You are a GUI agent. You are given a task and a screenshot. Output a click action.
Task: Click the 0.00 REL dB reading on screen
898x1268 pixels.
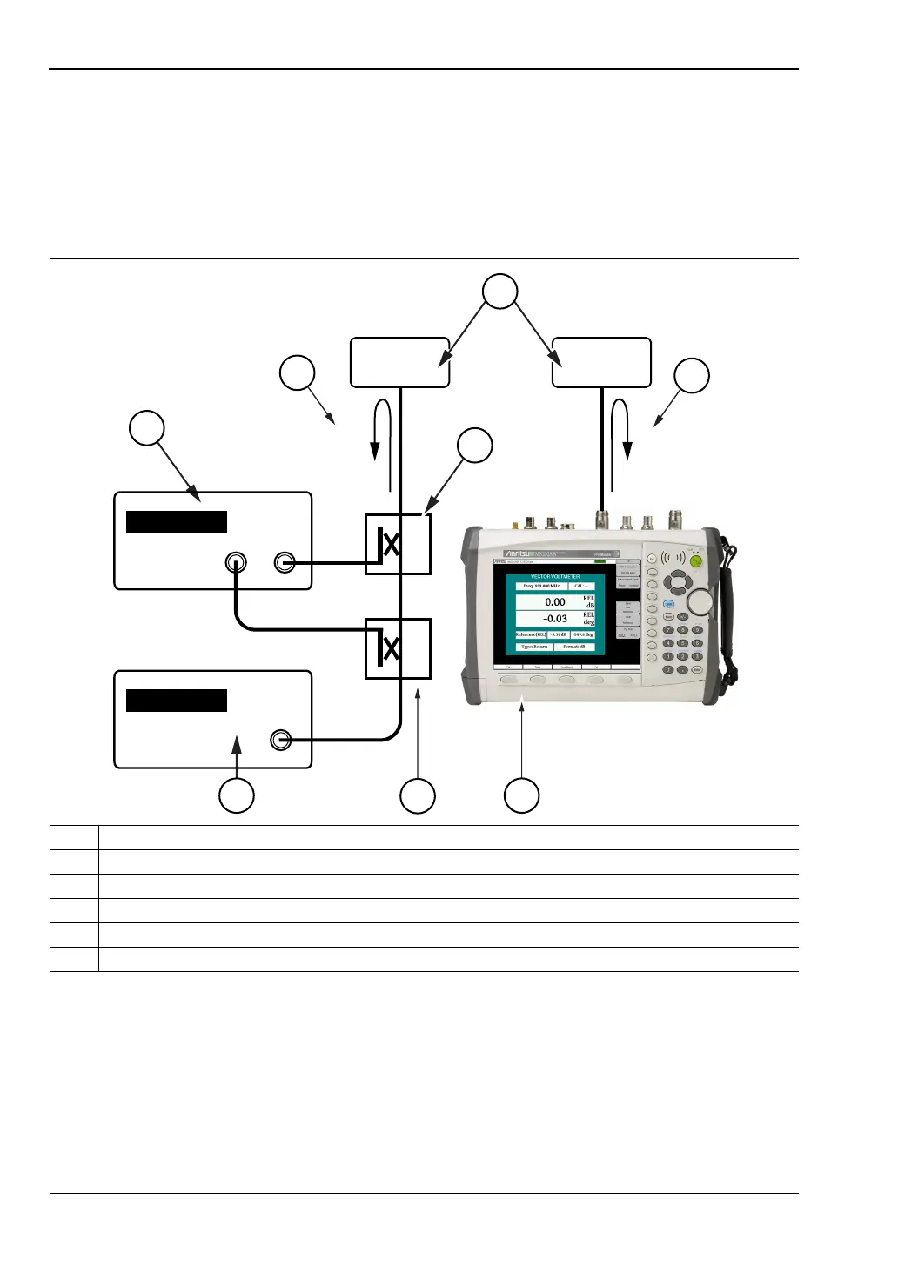[555, 602]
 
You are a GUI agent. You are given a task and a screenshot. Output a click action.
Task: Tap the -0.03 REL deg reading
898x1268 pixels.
[555, 619]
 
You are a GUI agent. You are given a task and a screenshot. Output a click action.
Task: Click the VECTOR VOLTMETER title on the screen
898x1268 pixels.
[555, 576]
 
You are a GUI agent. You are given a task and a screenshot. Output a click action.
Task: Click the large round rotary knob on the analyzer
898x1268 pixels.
[700, 601]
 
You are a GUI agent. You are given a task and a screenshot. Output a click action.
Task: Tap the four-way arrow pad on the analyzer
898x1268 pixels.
[676, 582]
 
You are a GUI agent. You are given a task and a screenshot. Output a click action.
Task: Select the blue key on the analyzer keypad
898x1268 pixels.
[669, 603]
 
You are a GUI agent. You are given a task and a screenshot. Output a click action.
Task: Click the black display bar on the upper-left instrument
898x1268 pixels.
[177, 521]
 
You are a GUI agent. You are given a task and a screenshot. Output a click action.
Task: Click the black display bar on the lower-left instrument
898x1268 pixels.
[177, 701]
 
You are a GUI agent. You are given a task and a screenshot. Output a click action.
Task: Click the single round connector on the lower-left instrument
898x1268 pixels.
[280, 740]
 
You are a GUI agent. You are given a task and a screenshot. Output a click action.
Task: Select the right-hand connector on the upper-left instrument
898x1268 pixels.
[284, 562]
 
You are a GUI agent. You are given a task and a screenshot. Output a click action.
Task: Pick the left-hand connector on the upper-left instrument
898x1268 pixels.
[235, 562]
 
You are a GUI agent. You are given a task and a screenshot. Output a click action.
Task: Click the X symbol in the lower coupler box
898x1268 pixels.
[392, 648]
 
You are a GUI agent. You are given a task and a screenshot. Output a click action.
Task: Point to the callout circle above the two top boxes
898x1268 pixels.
[500, 291]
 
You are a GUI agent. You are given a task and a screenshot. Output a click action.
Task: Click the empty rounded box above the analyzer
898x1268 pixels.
[601, 362]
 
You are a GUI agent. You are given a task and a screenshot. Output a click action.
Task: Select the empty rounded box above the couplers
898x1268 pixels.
[399, 362]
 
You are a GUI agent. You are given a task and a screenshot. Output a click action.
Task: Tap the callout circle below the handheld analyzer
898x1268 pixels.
[522, 795]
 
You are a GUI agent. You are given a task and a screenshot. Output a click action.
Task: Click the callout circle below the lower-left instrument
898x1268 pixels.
[236, 795]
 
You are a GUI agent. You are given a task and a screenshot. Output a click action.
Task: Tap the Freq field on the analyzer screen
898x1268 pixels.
[541, 587]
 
